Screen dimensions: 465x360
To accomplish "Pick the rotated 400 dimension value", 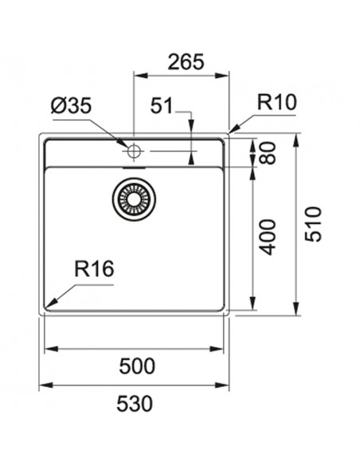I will click(x=268, y=236).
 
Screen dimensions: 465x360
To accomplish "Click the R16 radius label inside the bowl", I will click(x=95, y=270).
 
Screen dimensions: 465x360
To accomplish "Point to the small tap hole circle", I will click(x=133, y=150).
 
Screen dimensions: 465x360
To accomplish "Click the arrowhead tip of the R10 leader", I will click(x=229, y=131).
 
